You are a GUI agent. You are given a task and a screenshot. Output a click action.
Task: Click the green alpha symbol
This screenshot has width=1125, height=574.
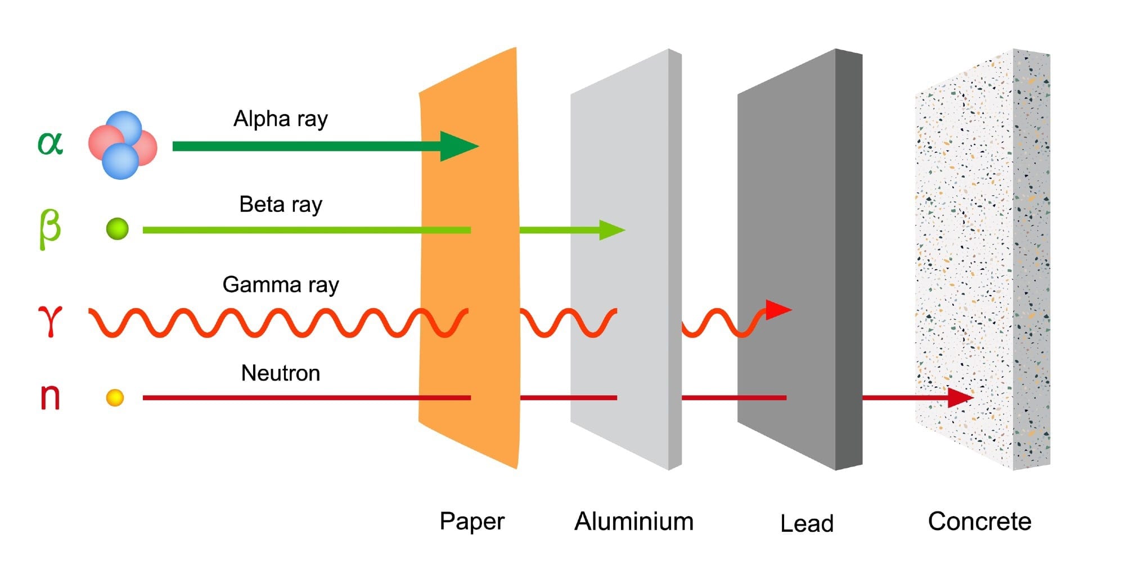click(x=50, y=143)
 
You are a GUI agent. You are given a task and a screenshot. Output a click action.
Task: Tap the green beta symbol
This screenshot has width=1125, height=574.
click(x=49, y=228)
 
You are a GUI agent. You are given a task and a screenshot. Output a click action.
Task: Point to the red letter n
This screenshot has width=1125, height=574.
click(x=50, y=396)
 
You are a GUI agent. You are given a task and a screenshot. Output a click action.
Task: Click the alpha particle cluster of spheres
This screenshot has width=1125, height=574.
click(x=123, y=145)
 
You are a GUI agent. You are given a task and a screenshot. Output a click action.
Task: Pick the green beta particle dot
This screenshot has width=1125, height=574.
click(x=118, y=229)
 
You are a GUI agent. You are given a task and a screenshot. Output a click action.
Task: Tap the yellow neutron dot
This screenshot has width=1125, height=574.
click(x=115, y=397)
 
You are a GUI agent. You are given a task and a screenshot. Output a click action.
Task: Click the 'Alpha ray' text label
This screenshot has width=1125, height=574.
click(x=280, y=119)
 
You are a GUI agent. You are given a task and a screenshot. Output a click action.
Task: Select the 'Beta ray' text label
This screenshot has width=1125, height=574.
click(x=280, y=205)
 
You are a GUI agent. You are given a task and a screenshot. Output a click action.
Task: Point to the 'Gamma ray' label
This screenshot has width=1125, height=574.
click(x=280, y=285)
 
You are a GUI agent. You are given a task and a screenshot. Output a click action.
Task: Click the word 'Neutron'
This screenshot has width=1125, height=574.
click(x=280, y=373)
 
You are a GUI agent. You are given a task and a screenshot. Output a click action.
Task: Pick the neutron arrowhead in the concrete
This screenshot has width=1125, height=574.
click(x=959, y=397)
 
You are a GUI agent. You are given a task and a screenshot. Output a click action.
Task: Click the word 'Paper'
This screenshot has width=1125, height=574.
click(x=471, y=522)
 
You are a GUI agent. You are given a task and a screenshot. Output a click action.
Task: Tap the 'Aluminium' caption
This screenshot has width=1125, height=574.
click(x=633, y=522)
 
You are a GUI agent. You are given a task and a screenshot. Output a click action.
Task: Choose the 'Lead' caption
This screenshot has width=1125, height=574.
click(x=807, y=523)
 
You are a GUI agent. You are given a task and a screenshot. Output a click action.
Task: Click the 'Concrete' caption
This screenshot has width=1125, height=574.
click(x=979, y=522)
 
